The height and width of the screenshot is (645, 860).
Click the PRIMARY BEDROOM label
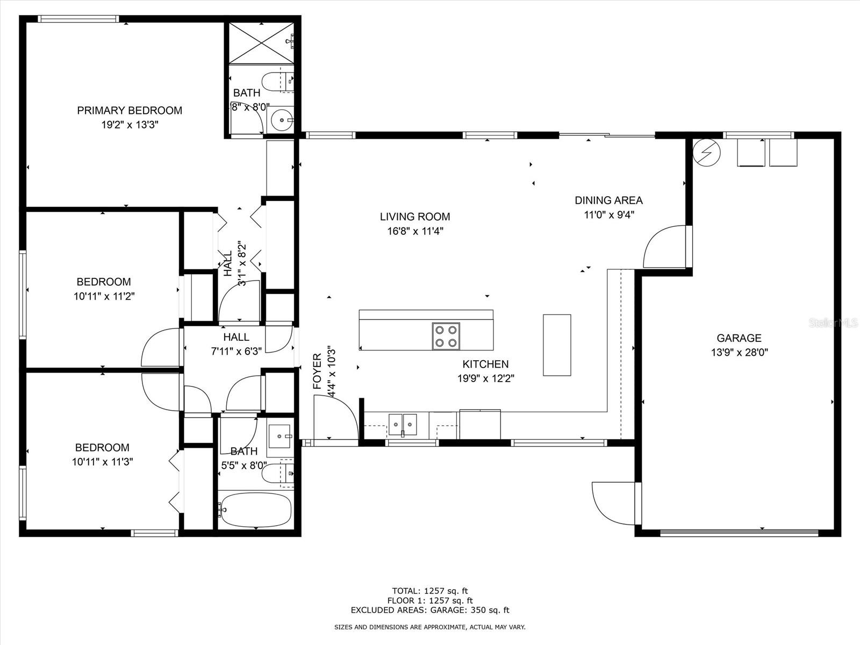click(x=130, y=110)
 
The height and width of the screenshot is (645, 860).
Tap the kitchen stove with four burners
click(x=446, y=336)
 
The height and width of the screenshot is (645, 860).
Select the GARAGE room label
click(x=739, y=338)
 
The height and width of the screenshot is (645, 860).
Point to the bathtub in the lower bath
click(x=256, y=510)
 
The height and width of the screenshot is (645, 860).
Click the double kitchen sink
click(x=403, y=425)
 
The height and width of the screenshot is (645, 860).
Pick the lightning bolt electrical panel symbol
click(x=706, y=152)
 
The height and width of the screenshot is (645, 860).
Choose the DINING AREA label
click(x=608, y=200)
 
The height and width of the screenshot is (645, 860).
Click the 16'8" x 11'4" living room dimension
click(x=415, y=231)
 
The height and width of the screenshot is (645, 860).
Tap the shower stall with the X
click(x=261, y=42)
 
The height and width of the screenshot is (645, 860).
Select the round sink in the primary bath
click(x=282, y=120)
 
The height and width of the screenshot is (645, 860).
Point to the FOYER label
click(x=317, y=371)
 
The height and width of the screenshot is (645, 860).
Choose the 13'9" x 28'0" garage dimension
click(x=739, y=353)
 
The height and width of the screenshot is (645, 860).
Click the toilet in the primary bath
click(x=277, y=82)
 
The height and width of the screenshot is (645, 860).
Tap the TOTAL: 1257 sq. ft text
click(x=430, y=591)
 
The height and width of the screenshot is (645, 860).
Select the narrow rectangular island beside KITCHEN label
click(x=557, y=345)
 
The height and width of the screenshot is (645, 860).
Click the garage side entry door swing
click(x=617, y=503)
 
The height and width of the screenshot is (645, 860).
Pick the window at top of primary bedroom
click(x=78, y=19)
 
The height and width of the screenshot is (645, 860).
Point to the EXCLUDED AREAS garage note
click(x=430, y=610)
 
